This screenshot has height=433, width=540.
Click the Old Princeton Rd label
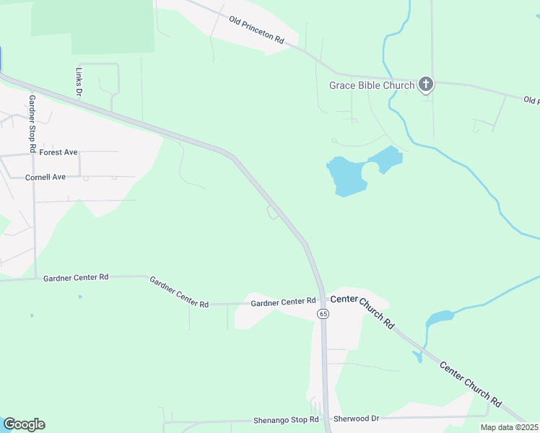[256, 30]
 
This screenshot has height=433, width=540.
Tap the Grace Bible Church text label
[372, 85]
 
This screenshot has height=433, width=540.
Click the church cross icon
[426, 85]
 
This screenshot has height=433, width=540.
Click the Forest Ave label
[58, 152]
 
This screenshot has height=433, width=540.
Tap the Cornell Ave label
[45, 177]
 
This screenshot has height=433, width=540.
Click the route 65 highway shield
[323, 314]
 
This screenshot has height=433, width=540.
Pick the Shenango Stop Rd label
[286, 420]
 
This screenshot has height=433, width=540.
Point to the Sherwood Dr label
[356, 419]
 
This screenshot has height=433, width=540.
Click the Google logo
[24, 424]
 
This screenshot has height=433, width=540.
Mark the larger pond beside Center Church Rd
[439, 318]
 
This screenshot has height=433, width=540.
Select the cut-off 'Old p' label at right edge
[531, 100]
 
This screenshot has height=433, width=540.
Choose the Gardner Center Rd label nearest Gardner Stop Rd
[76, 277]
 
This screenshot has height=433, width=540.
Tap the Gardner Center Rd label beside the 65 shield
[284, 302]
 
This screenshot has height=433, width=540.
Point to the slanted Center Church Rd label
[471, 383]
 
